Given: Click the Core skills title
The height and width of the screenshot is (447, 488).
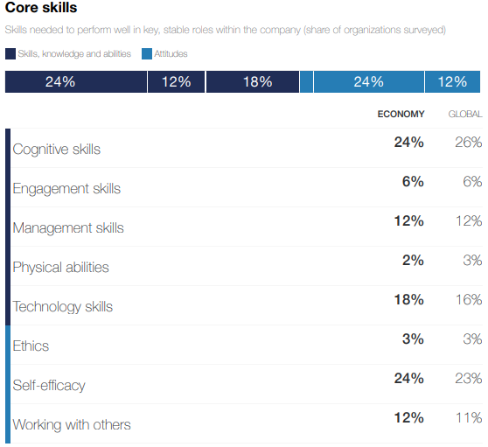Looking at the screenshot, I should pyautogui.click(x=40, y=9).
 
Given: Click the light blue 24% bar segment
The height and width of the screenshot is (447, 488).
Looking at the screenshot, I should pyautogui.click(x=368, y=81).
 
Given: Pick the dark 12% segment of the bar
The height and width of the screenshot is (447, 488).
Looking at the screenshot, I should pyautogui.click(x=176, y=81).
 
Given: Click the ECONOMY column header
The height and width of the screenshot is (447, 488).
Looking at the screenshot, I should pyautogui.click(x=401, y=114).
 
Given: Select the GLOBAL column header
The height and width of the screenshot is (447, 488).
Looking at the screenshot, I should pyautogui.click(x=464, y=114).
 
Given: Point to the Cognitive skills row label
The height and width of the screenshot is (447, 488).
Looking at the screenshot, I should pyautogui.click(x=57, y=150).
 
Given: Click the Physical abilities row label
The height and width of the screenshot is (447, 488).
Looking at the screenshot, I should pyautogui.click(x=60, y=268).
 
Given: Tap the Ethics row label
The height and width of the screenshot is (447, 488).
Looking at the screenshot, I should pyautogui.click(x=31, y=346).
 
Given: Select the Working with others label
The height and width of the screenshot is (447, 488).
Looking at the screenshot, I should pyautogui.click(x=72, y=425).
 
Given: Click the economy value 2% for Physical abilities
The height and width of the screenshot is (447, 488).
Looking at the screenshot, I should pyautogui.click(x=413, y=260).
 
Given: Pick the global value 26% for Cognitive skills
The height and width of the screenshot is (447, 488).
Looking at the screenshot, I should pyautogui.click(x=468, y=142).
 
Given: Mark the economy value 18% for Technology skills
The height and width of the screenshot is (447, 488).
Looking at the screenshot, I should pyautogui.click(x=408, y=299).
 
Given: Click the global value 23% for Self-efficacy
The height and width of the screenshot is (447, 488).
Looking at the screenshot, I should pyautogui.click(x=468, y=378).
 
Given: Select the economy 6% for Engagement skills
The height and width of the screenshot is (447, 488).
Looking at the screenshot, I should pyautogui.click(x=413, y=181).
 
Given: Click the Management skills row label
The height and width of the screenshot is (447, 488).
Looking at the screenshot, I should pyautogui.click(x=68, y=228).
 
